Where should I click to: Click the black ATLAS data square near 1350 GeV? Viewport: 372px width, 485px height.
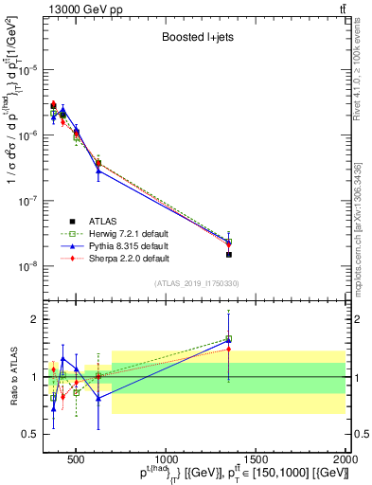coord(229,254)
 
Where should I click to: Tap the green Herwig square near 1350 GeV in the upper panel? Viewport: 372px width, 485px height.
coord(229,242)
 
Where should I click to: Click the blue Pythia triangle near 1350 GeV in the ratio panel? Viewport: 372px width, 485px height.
coord(229,340)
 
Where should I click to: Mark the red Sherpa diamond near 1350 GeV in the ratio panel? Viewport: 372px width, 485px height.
coord(229,349)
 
